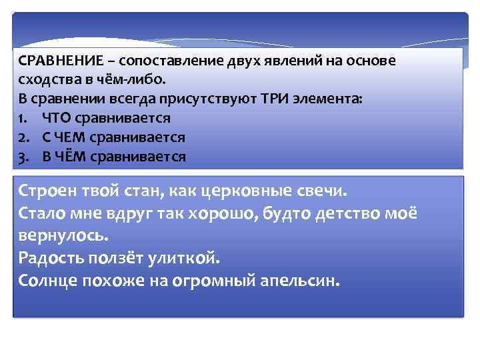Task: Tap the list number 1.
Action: (x=23, y=119)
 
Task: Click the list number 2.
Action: (x=23, y=138)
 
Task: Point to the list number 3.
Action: (x=23, y=157)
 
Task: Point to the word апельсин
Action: (x=304, y=281)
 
